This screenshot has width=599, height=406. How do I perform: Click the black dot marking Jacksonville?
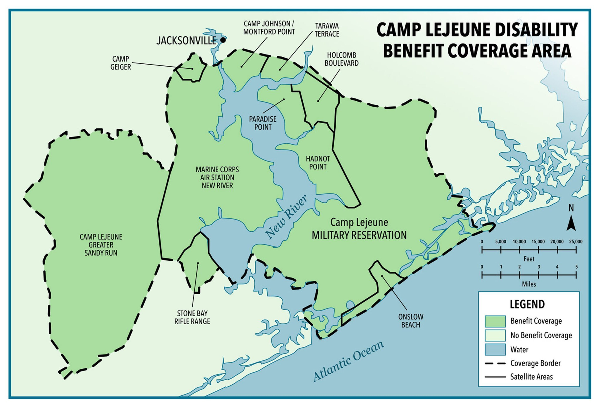223,40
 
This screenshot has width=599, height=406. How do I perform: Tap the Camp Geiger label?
120,63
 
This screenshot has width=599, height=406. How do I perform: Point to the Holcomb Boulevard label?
341,59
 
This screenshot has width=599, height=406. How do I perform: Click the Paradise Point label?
263,123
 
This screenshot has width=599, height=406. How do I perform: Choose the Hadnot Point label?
318,163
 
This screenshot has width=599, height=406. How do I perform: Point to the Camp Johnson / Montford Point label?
269,28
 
